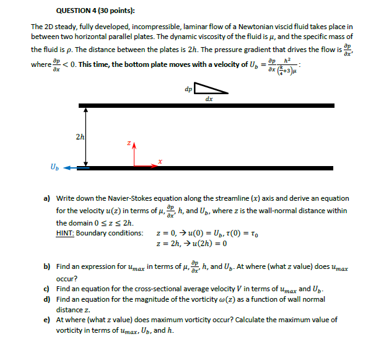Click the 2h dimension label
click(x=79, y=136)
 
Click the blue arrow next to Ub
click(x=76, y=167)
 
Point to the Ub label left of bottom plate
click(x=56, y=166)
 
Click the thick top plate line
click(x=210, y=106)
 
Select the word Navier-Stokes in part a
click(x=130, y=198)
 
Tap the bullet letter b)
click(x=47, y=266)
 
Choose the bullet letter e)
click(x=47, y=320)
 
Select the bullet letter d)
click(x=47, y=299)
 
